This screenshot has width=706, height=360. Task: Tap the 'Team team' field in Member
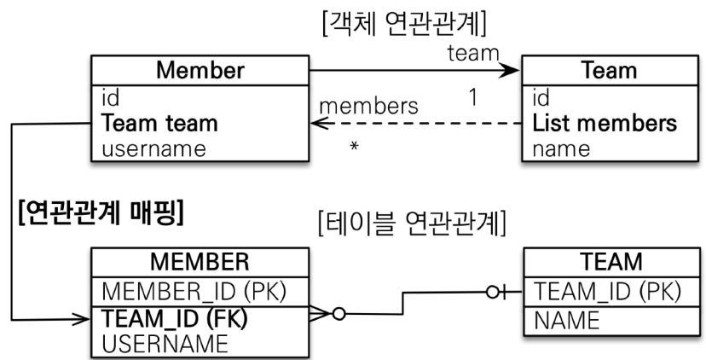(x=159, y=123)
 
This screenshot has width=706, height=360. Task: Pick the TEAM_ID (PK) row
(x=606, y=292)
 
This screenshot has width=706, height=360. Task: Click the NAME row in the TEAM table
(x=567, y=321)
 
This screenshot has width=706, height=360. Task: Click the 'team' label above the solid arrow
(x=472, y=53)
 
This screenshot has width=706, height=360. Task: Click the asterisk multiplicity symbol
(x=353, y=148)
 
